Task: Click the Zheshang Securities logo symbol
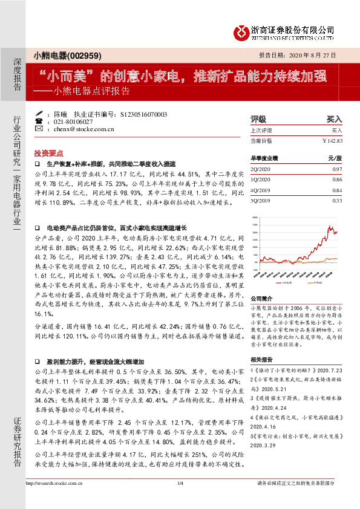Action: click(x=242, y=30)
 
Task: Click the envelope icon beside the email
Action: click(x=40, y=129)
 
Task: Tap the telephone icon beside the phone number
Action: click(x=40, y=121)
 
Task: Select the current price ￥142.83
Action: click(x=332, y=140)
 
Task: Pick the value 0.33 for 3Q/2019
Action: click(x=338, y=200)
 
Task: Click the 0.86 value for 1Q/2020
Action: click(x=338, y=181)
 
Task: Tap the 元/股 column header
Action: click(x=335, y=158)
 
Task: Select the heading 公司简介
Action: click(x=262, y=297)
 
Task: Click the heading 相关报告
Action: click(x=262, y=359)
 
